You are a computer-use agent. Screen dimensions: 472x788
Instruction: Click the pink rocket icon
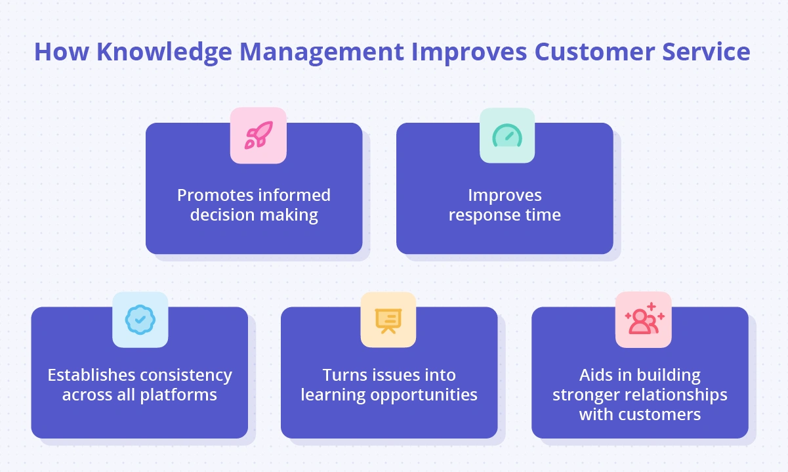coord(258,135)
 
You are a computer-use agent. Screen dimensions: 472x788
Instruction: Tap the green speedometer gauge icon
coord(507,135)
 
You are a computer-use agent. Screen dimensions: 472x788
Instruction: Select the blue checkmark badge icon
coord(140,320)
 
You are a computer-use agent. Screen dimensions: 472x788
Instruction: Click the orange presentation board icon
coord(388,320)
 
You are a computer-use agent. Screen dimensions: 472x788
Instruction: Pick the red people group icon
coord(644,320)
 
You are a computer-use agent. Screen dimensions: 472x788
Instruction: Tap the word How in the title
coord(57,52)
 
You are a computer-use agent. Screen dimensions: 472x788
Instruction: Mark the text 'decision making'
coord(254,215)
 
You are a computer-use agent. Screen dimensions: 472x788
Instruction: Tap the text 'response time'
coord(505,215)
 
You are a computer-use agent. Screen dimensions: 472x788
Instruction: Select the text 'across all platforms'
coord(140,395)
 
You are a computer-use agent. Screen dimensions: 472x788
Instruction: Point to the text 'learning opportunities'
coord(389,395)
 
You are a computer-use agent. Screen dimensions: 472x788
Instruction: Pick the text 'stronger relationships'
coord(640,395)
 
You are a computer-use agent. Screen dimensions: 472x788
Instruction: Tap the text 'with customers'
coord(640,415)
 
